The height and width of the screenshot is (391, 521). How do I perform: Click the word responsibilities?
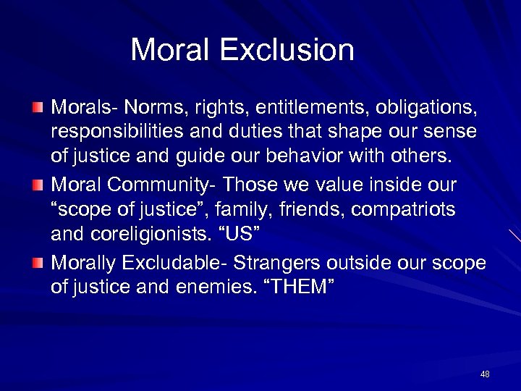120,132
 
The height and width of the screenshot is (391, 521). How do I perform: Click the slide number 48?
485,374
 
